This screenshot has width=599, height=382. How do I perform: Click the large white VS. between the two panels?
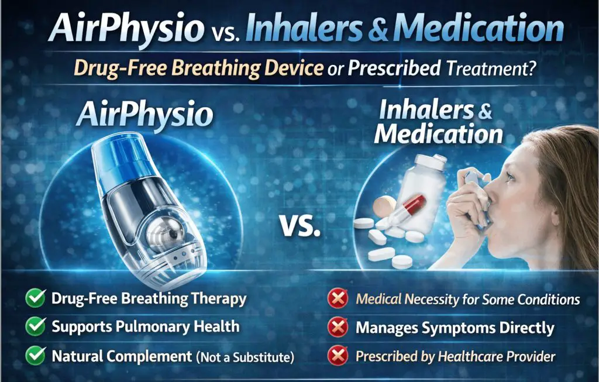coord(300,225)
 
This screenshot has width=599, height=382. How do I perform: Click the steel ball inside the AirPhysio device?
coord(159,231)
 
